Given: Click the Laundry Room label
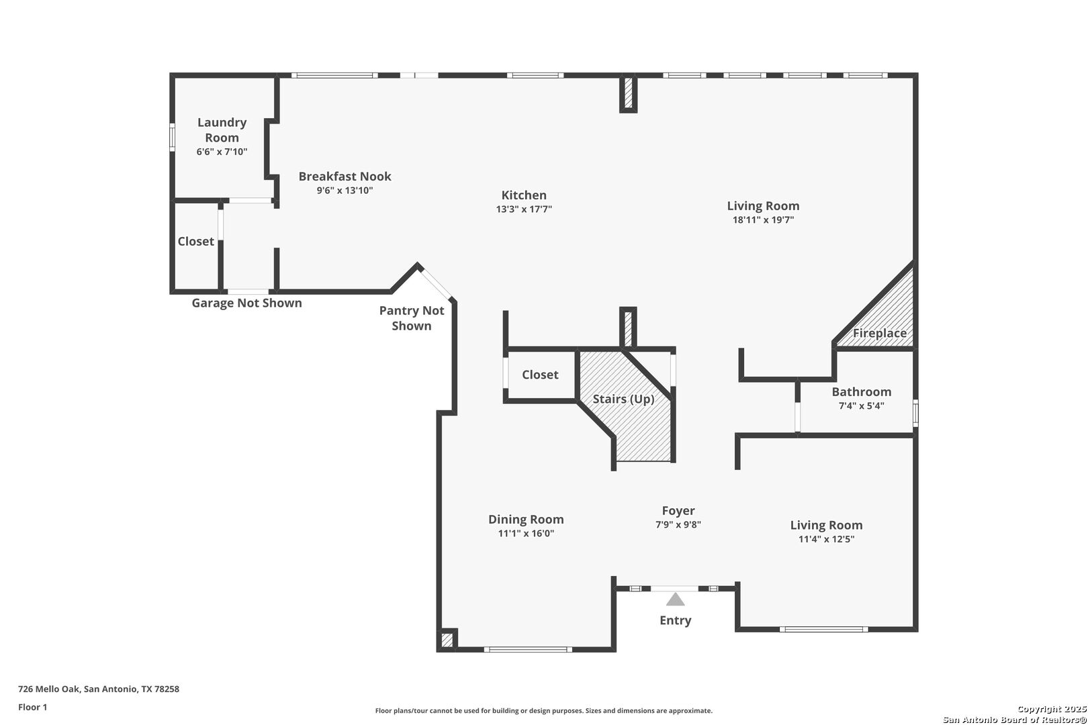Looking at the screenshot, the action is click(x=222, y=130).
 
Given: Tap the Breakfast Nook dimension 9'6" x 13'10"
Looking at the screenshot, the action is click(x=345, y=191).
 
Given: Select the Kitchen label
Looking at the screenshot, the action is click(x=524, y=195).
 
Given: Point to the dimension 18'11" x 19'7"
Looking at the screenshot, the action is click(x=763, y=220).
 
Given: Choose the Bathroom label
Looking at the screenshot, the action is click(x=861, y=392).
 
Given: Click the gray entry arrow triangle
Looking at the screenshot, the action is click(x=675, y=599).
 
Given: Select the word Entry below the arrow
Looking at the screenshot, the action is click(x=675, y=620).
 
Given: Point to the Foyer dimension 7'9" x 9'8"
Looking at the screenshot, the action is click(x=678, y=524).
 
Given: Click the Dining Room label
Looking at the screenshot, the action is click(x=526, y=520).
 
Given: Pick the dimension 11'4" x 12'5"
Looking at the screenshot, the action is click(x=826, y=539).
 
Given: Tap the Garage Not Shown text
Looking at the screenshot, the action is click(x=246, y=303).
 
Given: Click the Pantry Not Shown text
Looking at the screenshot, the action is click(x=412, y=318).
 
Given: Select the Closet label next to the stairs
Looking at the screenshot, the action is click(x=540, y=375).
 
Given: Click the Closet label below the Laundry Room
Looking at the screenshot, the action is click(x=195, y=242).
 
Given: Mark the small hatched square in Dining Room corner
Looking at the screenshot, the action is click(x=447, y=640).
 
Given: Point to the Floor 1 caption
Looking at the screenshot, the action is click(x=32, y=708).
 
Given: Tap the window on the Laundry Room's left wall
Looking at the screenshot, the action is click(x=172, y=138).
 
